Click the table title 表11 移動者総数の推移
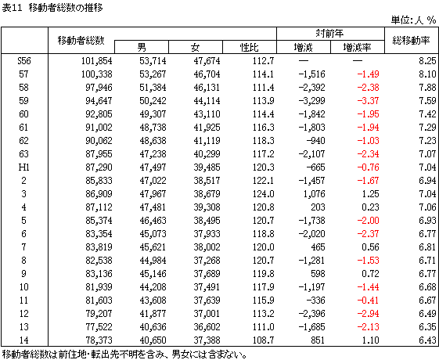tap(52, 8)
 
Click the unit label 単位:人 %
tap(413, 20)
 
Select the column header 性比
tap(249, 47)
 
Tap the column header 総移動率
tap(411, 41)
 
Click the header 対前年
tap(329, 34)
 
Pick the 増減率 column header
tap(357, 47)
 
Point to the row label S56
tap(24, 61)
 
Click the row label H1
tap(24, 167)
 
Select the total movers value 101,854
tap(96, 61)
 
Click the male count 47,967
tap(153, 194)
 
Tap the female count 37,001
tap(207, 314)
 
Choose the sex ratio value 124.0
tap(264, 194)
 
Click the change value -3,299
tap(312, 100)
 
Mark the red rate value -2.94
tap(368, 314)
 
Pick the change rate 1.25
tap(370, 194)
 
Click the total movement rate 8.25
tap(427, 61)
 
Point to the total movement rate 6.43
tap(427, 340)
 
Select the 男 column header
tap(142, 47)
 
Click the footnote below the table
tap(124, 355)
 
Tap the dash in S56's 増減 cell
tap(304, 61)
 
